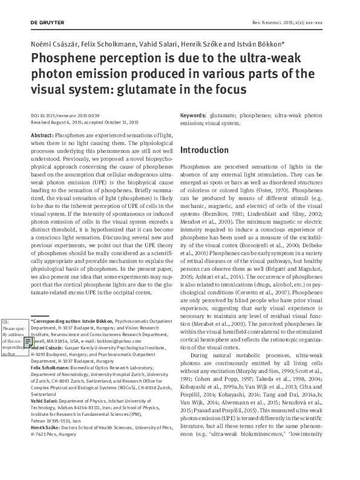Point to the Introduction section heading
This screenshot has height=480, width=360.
[205, 150]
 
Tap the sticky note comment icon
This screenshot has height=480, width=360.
[28, 343]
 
